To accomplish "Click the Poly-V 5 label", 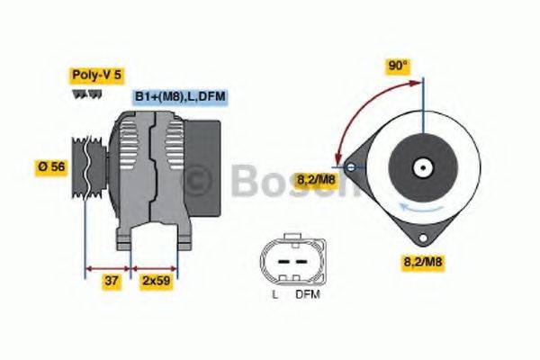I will coord(95,76).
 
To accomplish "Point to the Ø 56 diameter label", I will coord(51,166).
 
